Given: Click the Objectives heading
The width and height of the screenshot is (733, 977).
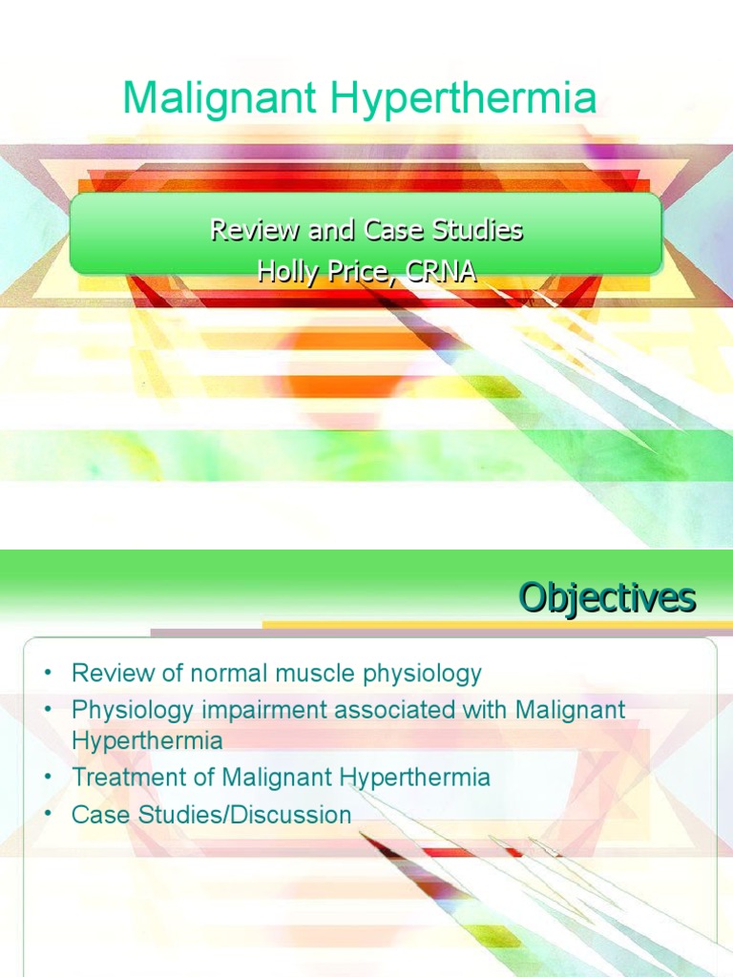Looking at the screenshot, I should click(x=607, y=599).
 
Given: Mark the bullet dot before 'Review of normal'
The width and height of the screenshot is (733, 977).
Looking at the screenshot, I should click(x=46, y=674).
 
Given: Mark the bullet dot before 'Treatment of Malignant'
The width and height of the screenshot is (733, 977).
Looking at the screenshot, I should click(x=46, y=778).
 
